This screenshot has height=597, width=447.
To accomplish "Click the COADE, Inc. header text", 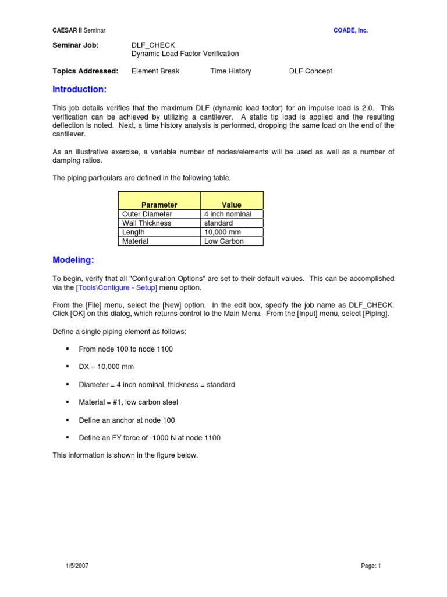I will (x=351, y=30).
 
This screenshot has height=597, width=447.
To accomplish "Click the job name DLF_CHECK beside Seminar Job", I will (x=153, y=45).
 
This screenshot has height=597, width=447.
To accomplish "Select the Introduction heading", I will (x=80, y=89).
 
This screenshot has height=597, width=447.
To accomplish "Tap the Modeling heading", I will (x=73, y=259).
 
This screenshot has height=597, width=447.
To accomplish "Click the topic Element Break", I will (x=155, y=71).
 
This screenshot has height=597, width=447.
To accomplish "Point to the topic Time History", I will (x=230, y=71).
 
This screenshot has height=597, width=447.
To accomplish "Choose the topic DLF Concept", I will (x=310, y=71).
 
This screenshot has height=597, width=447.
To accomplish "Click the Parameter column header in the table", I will (x=159, y=205).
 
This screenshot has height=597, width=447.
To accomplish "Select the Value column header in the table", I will (x=231, y=205).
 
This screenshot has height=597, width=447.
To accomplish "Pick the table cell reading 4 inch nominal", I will (x=228, y=214).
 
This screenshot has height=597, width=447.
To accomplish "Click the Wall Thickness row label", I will (x=147, y=223).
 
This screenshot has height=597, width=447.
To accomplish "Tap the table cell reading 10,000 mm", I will (x=222, y=232).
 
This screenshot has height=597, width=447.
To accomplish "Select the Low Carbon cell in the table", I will (x=224, y=241).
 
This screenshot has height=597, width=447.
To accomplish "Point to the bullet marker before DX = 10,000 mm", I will (x=67, y=367).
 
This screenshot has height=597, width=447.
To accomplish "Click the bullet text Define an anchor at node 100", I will (x=126, y=420).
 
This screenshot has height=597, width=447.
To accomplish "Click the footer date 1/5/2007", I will (x=77, y=566).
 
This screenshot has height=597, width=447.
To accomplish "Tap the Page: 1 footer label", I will (x=370, y=566).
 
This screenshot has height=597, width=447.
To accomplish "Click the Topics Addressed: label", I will (x=85, y=71).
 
